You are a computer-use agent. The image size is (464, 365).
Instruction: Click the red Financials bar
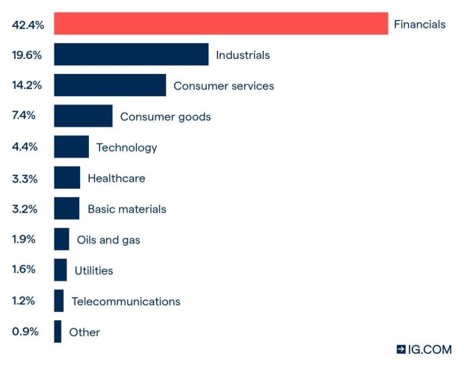click(220, 24)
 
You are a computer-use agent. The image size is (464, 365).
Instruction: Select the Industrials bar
click(131, 54)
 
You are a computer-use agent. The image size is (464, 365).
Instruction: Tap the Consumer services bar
click(110, 85)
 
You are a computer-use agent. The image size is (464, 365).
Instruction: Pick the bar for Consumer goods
click(83, 116)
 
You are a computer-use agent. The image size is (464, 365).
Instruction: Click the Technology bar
click(71, 147)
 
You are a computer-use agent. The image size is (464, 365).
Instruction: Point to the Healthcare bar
click(66, 178)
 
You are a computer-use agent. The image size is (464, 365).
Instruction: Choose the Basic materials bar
click(66, 208)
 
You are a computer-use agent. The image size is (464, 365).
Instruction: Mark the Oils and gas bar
click(61, 240)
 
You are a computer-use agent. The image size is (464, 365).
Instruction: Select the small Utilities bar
click(60, 270)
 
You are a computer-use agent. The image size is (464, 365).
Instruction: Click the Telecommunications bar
click(58, 301)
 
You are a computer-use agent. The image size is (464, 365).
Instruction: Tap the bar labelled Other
click(58, 331)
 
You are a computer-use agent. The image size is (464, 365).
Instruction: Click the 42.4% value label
click(28, 24)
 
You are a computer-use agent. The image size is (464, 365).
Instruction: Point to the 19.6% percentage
click(27, 54)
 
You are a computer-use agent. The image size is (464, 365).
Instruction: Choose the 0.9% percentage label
click(25, 331)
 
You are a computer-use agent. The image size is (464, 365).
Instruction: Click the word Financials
click(419, 24)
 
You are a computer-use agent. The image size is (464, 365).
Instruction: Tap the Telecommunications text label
click(126, 302)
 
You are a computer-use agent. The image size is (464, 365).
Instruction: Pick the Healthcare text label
click(116, 178)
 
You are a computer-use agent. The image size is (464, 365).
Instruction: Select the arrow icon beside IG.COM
click(401, 349)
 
